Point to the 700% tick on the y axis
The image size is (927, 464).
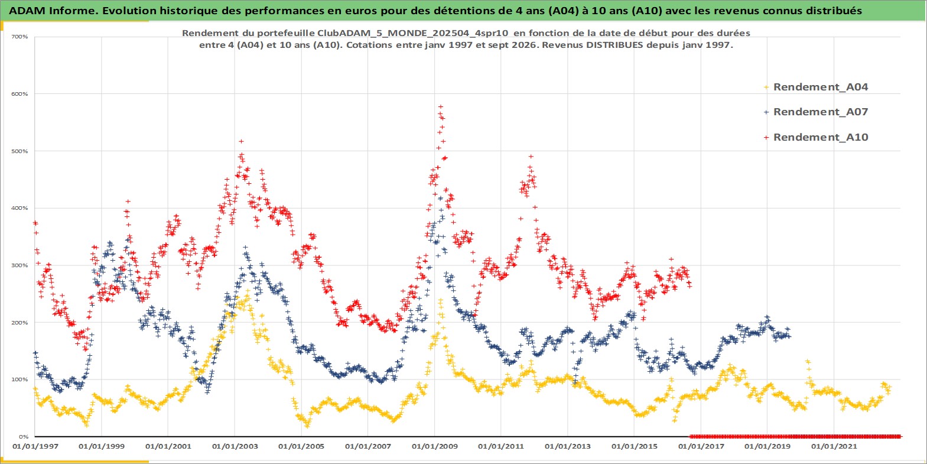19,37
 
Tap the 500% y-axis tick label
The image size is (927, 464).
19,151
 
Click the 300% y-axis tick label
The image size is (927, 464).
19,265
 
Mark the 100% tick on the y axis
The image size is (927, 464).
19,379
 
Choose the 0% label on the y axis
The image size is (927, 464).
24,437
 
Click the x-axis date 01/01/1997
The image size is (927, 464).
35,447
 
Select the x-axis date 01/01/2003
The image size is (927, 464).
235,447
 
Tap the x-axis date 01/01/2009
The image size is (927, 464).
434,447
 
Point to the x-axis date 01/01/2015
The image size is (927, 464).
634,447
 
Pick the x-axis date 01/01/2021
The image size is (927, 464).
834,447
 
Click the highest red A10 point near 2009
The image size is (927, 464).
441,107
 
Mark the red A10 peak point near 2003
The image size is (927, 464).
241,141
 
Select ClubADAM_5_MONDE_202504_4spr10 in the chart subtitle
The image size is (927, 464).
412,33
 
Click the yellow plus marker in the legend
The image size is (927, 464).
766,87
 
